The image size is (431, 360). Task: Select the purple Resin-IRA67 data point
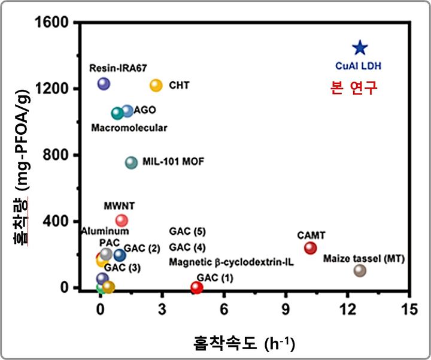[x=104, y=84]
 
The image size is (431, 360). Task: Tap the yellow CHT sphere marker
[x=156, y=86]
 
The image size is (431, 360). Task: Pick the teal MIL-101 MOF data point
[x=131, y=162]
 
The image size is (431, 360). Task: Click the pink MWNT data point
[x=122, y=220]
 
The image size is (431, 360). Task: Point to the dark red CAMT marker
[x=310, y=248]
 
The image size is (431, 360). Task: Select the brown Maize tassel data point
[x=360, y=270]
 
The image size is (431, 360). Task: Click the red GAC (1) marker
[x=196, y=288]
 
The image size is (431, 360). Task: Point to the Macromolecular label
[x=129, y=128]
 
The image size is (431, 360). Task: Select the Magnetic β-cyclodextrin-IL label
[x=231, y=262]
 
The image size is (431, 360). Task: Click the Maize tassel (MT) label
[x=364, y=259]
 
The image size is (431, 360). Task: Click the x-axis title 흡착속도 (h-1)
[x=244, y=343]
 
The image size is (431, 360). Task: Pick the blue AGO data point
[x=128, y=111]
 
